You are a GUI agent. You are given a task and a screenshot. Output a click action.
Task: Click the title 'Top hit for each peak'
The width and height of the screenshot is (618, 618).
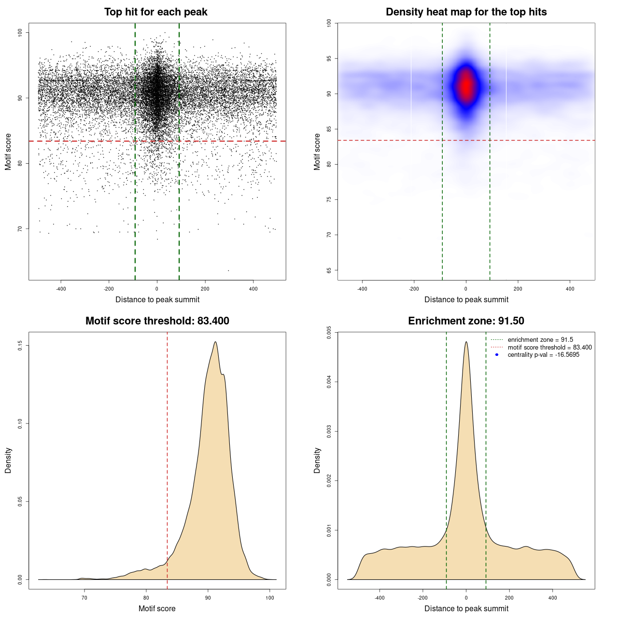tap(155, 12)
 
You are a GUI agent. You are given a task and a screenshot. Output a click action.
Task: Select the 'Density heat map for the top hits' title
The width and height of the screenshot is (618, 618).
tap(466, 12)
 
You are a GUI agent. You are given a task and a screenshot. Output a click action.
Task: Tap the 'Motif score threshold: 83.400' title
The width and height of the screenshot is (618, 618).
tap(157, 321)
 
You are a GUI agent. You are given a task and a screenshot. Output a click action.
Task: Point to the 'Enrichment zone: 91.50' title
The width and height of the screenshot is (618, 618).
tap(466, 321)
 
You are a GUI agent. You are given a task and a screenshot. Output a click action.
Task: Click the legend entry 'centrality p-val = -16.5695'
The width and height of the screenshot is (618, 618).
tap(543, 355)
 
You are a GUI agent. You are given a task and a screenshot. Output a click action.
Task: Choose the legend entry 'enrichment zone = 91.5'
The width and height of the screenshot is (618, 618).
tap(540, 340)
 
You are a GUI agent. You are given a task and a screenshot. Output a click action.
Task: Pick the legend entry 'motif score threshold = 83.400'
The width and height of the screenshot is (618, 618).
tap(549, 348)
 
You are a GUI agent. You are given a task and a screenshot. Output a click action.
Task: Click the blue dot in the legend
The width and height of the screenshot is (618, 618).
tap(497, 355)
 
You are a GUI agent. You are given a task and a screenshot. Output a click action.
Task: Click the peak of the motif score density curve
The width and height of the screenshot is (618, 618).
tap(215, 342)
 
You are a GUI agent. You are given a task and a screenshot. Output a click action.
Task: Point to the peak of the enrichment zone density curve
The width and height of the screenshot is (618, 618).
tap(466, 342)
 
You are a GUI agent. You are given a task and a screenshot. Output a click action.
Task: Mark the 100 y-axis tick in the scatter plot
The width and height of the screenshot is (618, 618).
tap(20, 32)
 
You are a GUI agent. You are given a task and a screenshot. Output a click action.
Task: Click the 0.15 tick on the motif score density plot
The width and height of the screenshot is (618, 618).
tap(20, 346)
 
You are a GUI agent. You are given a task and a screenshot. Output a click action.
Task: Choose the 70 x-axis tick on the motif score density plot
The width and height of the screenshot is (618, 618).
tap(84, 598)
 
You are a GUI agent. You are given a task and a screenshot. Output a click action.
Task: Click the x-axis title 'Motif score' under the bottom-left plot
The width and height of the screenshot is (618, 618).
tap(157, 609)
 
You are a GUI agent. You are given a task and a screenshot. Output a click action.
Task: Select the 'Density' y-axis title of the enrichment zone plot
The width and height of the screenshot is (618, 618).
tap(317, 460)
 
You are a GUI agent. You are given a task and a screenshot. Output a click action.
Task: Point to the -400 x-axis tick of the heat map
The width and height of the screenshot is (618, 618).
tap(362, 289)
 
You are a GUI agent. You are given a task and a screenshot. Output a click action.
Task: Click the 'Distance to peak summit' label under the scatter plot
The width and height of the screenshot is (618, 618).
tap(157, 300)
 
